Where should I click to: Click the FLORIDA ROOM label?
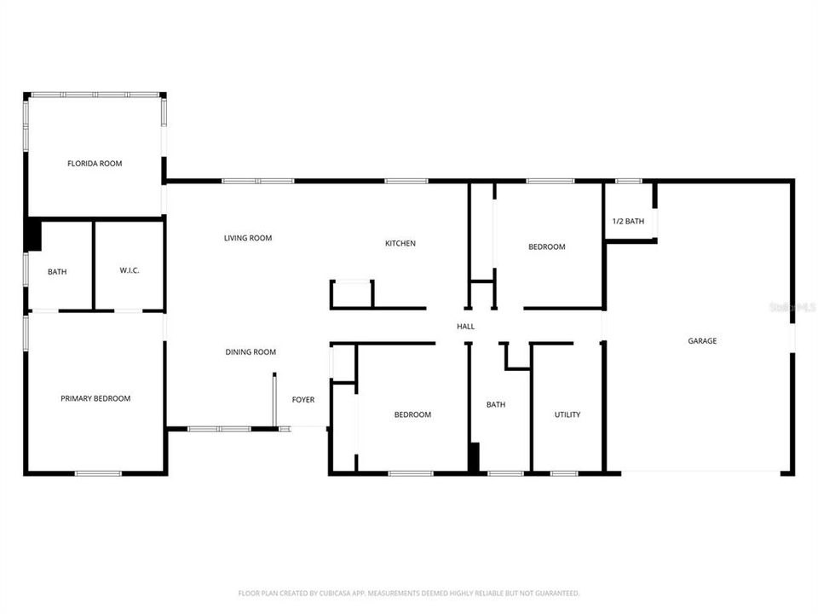click(x=95, y=163)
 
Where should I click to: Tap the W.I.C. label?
click(x=130, y=271)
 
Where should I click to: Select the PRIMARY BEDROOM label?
click(x=95, y=398)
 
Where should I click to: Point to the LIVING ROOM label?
click(x=248, y=238)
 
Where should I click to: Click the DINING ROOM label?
click(x=251, y=352)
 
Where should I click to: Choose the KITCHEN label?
click(x=400, y=244)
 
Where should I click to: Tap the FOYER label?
click(x=303, y=400)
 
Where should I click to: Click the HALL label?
click(x=465, y=327)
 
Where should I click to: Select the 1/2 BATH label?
click(x=628, y=222)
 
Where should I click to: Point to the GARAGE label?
click(x=702, y=341)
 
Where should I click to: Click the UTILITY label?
click(x=567, y=415)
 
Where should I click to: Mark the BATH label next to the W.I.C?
click(x=57, y=272)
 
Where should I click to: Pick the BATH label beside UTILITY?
click(x=496, y=405)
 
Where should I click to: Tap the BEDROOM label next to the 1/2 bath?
click(x=547, y=247)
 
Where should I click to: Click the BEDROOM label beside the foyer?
click(x=412, y=415)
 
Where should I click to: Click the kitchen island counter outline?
click(x=352, y=294)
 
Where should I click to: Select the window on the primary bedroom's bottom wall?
click(x=98, y=473)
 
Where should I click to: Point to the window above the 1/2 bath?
click(x=629, y=181)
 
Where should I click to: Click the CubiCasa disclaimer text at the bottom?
click(x=409, y=593)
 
